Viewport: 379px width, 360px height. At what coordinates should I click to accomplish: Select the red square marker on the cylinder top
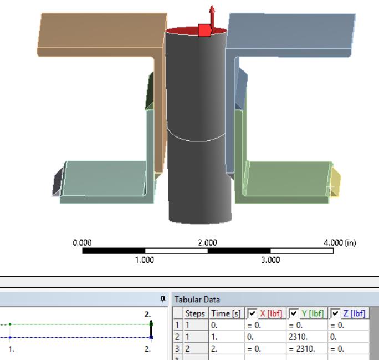[204, 30]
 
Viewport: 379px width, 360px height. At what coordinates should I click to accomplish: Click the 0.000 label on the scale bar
[83, 242]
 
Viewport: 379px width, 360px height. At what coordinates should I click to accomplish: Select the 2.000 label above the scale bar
[208, 242]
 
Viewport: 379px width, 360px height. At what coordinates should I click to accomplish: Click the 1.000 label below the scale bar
[145, 260]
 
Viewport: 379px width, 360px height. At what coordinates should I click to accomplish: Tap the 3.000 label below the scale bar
[270, 260]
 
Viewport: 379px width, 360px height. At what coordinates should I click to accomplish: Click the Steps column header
[195, 314]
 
